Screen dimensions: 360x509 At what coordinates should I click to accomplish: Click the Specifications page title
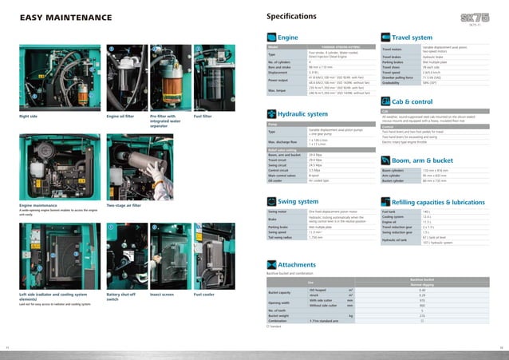[296, 17]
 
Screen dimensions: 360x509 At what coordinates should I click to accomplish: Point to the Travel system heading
[412, 37]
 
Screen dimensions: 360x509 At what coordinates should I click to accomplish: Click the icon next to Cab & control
[387, 101]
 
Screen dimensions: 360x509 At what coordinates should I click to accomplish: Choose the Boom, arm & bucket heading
[423, 159]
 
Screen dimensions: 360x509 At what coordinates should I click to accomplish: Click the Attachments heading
[297, 264]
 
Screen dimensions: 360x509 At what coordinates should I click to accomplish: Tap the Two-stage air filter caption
[123, 205]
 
